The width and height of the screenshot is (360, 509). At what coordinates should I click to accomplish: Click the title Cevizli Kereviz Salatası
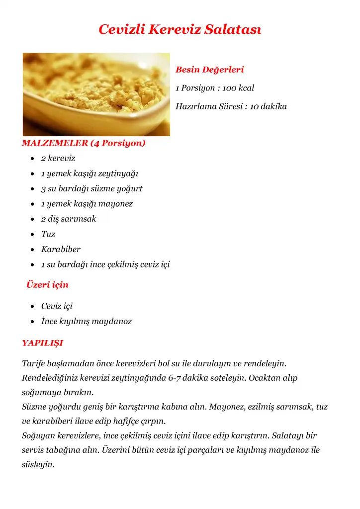[x=180, y=29]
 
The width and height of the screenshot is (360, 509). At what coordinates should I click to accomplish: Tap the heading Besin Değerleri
[x=209, y=70]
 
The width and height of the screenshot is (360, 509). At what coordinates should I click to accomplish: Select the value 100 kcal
[x=238, y=88]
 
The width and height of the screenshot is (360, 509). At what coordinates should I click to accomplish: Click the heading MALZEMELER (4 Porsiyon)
[x=84, y=144]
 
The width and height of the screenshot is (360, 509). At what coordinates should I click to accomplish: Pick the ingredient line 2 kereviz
[x=58, y=159]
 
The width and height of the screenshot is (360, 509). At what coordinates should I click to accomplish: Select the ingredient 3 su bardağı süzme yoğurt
[x=92, y=189]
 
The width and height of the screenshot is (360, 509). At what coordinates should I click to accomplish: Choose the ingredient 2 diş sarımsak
[x=69, y=219]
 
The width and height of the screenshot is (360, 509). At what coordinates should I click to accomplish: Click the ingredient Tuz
[x=48, y=234]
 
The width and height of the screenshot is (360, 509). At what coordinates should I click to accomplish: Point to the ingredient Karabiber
[x=61, y=249]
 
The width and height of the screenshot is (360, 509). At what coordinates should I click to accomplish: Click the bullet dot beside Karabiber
[x=32, y=250]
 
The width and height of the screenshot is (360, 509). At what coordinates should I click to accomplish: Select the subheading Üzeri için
[x=47, y=285]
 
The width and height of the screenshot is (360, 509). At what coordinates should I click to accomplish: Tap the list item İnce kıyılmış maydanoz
[x=87, y=322]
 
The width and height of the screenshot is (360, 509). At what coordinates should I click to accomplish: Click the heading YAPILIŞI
[x=42, y=343]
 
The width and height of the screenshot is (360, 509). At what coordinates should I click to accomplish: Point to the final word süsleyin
[x=38, y=465]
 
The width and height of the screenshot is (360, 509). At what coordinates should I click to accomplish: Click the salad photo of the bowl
[x=96, y=94]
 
